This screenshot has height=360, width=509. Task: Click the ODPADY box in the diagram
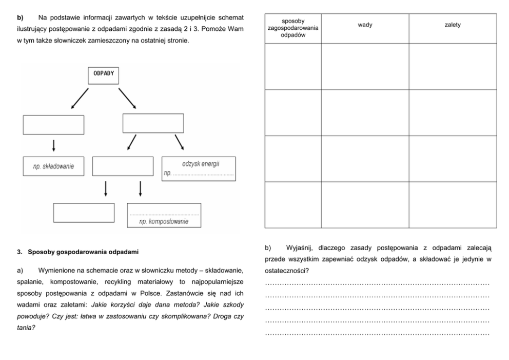click(103, 75)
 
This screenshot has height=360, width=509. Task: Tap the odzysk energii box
click(199, 168)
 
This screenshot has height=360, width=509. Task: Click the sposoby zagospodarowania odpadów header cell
click(293, 28)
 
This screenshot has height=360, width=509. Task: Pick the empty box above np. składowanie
click(53, 125)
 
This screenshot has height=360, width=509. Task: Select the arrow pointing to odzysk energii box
click(179, 141)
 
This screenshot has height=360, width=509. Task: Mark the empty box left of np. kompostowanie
click(84, 213)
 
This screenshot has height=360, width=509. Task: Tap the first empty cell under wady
click(365, 66)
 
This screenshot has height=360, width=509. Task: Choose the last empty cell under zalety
click(453, 204)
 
